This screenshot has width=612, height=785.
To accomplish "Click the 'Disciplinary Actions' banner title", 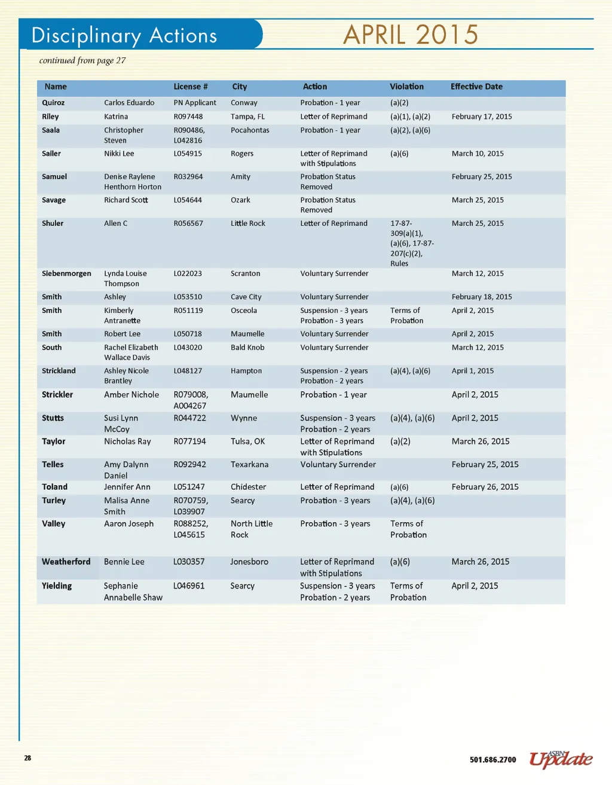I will click(x=124, y=35).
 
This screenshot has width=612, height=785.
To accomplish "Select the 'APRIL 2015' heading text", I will click(x=411, y=35).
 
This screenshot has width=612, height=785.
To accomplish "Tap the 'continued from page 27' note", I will click(x=82, y=60).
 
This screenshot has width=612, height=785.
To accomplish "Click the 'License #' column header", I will click(x=191, y=87).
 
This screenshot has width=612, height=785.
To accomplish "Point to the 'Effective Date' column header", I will click(x=476, y=87).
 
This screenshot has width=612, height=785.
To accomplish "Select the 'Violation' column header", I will click(x=406, y=87).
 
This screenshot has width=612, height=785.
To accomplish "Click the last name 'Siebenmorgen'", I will click(x=66, y=274).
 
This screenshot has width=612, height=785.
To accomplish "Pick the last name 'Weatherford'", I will click(x=66, y=562).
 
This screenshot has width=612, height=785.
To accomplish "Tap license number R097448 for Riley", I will click(x=188, y=116).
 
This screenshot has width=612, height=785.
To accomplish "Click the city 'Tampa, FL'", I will click(x=247, y=116).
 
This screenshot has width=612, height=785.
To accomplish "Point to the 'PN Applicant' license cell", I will click(x=195, y=103).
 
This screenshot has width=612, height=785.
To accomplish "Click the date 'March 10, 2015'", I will click(x=478, y=154).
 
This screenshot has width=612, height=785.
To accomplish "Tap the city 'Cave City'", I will click(x=246, y=297).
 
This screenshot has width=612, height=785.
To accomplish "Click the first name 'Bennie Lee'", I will click(x=124, y=562).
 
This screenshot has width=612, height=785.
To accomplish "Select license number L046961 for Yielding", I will click(x=189, y=586).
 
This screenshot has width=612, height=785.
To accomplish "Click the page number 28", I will click(x=27, y=758).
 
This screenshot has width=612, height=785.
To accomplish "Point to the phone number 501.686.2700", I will click(x=492, y=760).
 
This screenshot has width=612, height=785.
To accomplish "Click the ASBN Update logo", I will click(x=561, y=759).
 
